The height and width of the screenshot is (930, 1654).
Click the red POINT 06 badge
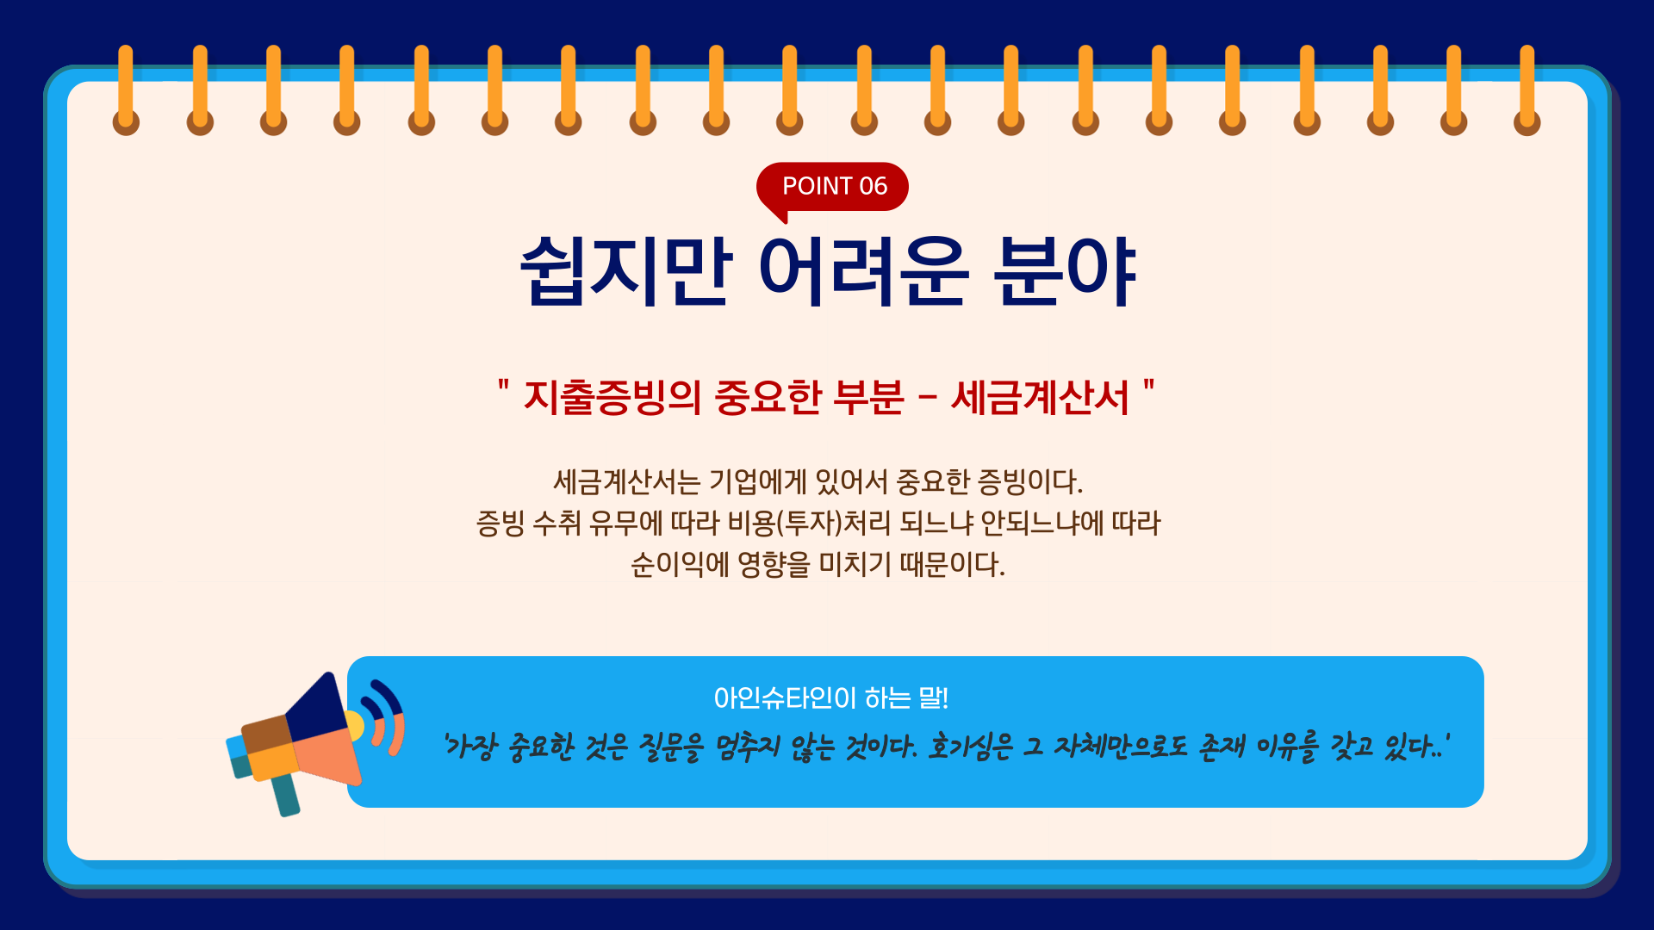coord(832,187)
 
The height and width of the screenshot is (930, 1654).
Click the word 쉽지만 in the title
coord(626,271)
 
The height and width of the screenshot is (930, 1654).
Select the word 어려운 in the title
coord(863,271)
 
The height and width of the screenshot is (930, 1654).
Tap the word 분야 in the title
coord(1065,271)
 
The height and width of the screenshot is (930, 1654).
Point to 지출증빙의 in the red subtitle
coord(612,398)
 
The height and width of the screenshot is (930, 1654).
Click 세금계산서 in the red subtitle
coord(1040,398)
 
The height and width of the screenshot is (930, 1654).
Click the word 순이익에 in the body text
coord(680,565)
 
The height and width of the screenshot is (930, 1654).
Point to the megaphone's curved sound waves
coord(387,716)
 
